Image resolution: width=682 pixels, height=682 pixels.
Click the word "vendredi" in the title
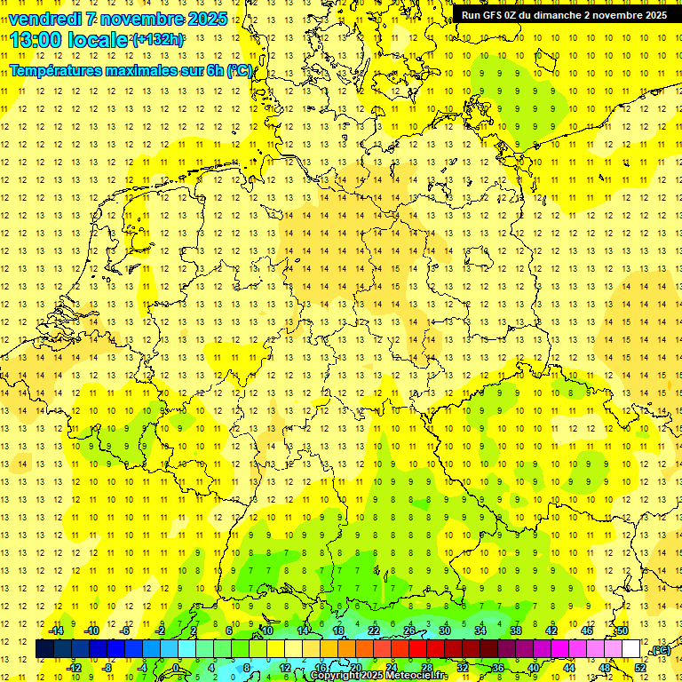(46, 19)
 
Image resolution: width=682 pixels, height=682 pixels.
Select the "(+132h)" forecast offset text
(158, 40)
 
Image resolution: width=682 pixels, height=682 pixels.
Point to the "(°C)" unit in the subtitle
(239, 70)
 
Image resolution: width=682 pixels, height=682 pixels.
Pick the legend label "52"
(640, 668)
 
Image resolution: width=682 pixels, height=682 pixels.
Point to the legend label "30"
(445, 630)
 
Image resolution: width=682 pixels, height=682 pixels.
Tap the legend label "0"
(176, 668)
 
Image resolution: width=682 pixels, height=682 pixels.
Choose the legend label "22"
(374, 630)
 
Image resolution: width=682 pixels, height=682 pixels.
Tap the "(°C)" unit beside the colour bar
(660, 650)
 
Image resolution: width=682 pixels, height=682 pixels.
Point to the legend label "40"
(534, 668)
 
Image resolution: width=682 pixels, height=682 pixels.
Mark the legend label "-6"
(126, 630)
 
